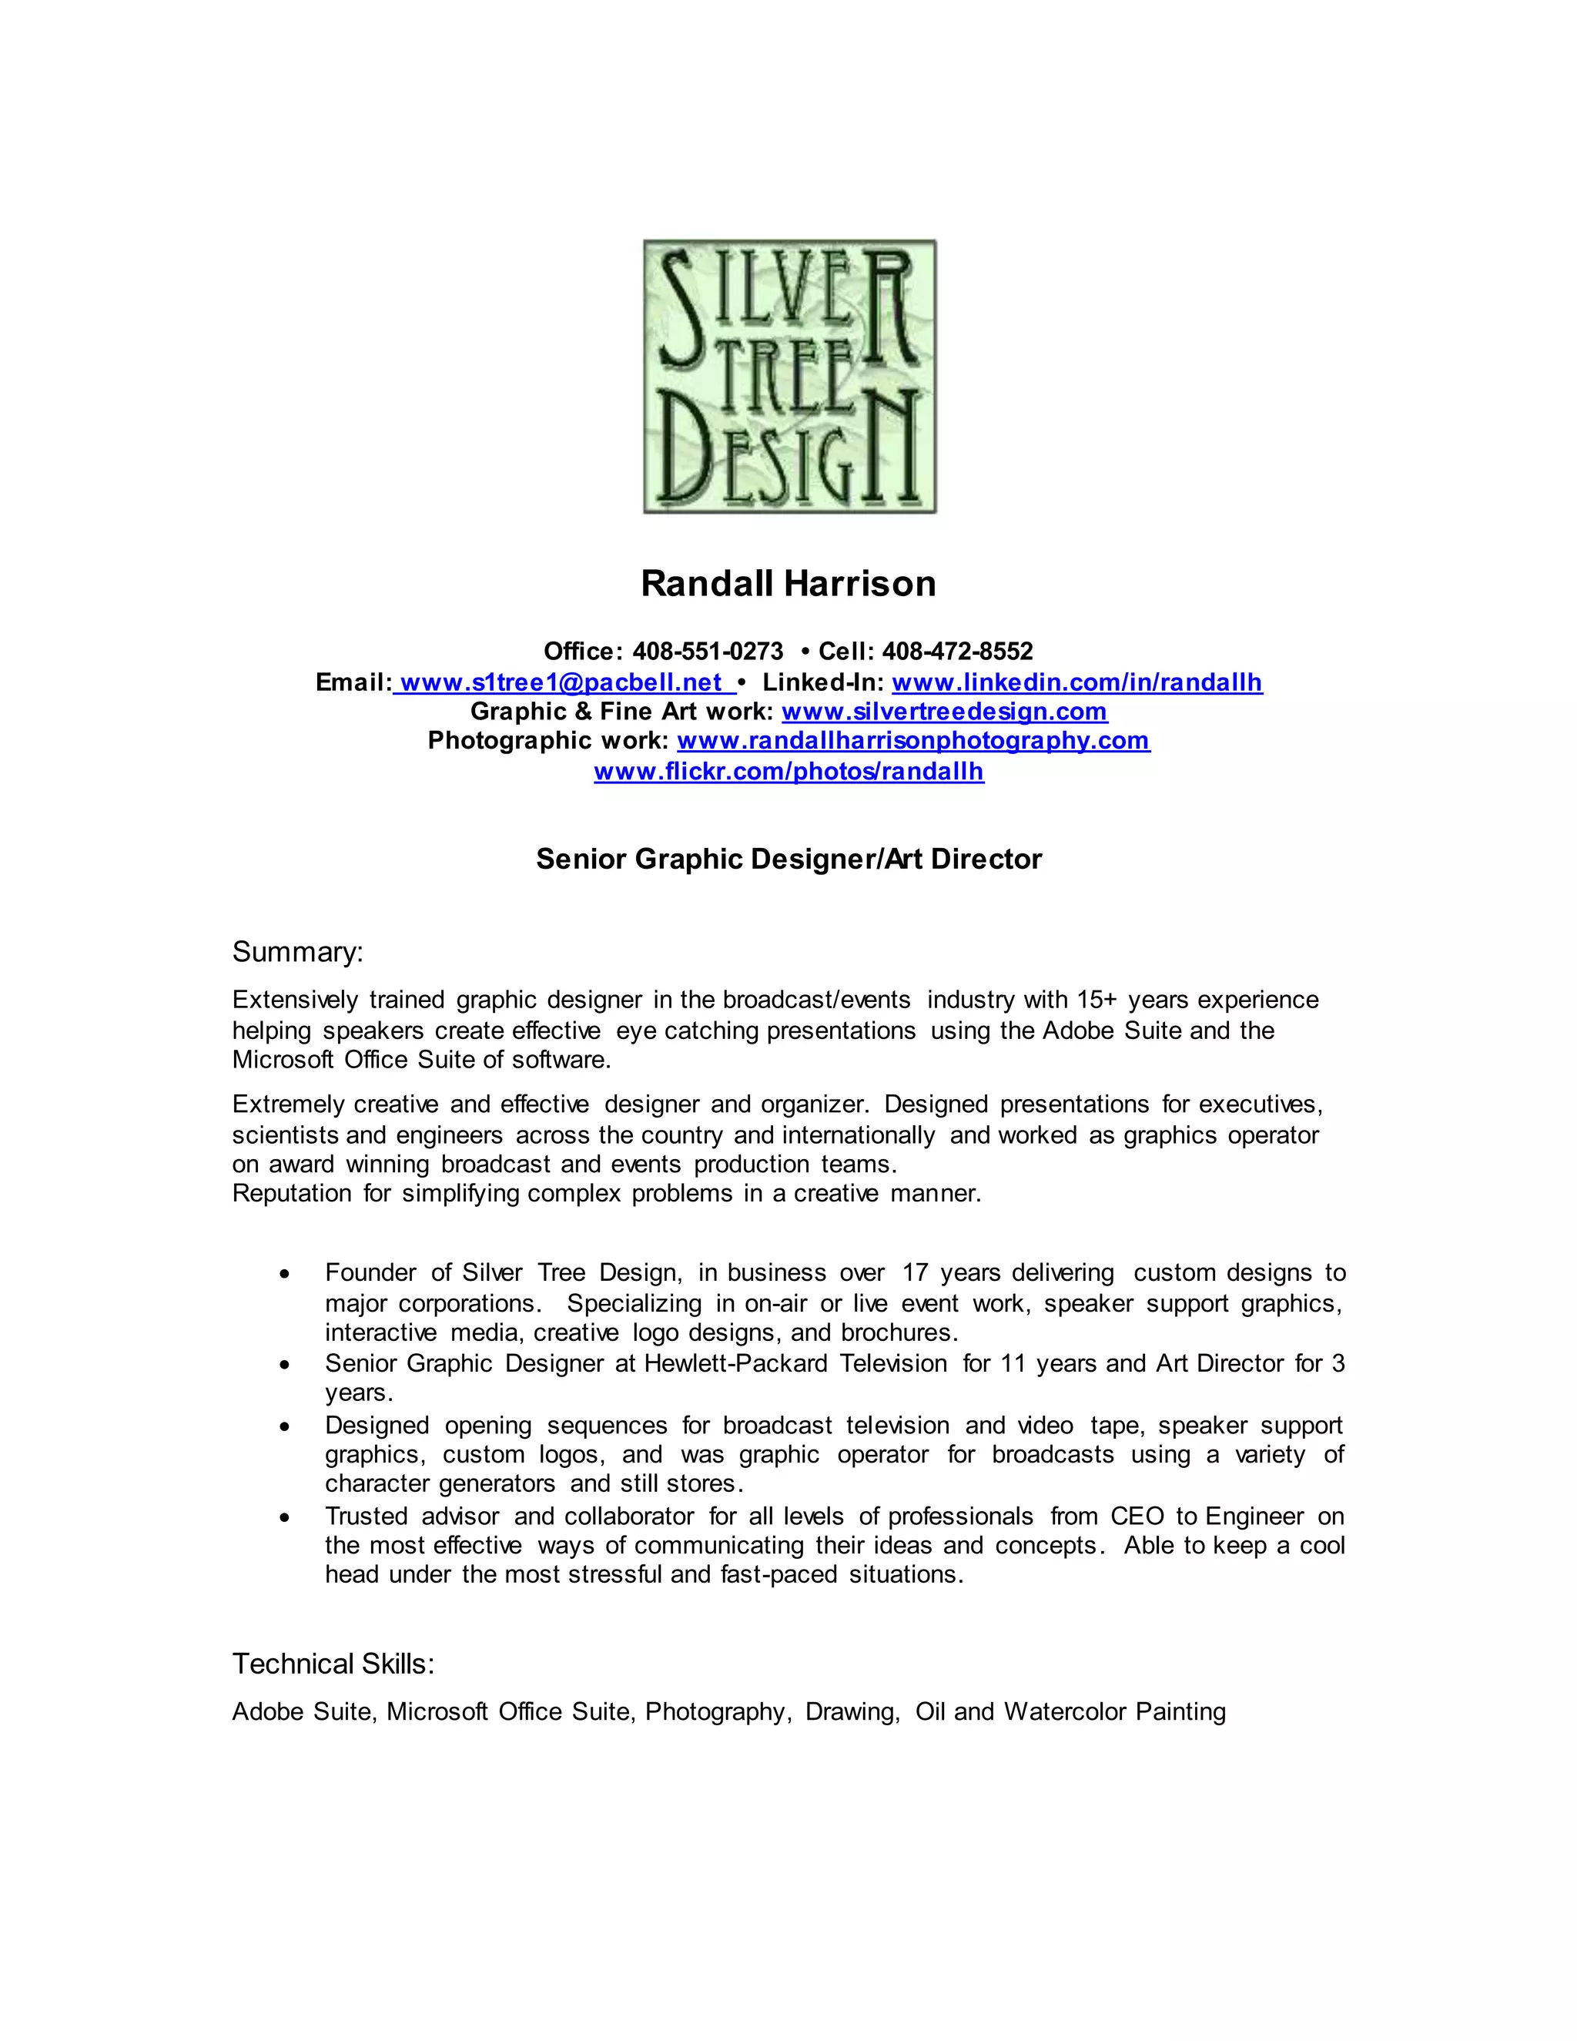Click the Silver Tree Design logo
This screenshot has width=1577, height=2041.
tap(789, 377)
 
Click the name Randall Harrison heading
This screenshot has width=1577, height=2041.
tap(788, 583)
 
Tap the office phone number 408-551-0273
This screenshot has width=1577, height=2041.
tap(707, 652)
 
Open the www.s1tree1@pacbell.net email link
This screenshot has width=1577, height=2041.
tap(564, 682)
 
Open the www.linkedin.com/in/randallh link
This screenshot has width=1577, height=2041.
tap(1077, 682)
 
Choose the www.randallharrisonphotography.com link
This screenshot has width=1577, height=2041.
tap(912, 740)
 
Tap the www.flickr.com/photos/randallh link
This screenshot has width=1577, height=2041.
tap(788, 771)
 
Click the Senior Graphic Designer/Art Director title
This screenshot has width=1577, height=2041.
tap(788, 859)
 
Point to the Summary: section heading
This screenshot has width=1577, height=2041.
tap(297, 952)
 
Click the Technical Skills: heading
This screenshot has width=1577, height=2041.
tap(333, 1664)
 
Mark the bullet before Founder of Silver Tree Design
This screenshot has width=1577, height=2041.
tap(285, 1275)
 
